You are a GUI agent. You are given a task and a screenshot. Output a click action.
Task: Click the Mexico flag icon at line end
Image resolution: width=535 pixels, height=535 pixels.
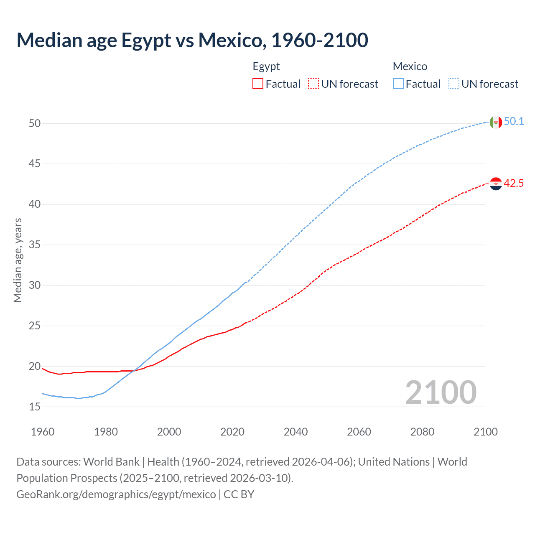(496, 122)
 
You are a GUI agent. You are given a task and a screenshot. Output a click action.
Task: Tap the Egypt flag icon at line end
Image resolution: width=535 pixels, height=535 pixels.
(496, 183)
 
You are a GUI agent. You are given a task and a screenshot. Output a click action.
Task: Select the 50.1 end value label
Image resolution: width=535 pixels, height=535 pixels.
(514, 122)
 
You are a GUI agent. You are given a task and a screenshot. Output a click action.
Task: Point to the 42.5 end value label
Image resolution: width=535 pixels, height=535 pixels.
(514, 183)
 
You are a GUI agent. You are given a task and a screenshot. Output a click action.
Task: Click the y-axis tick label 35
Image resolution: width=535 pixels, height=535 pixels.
(35, 245)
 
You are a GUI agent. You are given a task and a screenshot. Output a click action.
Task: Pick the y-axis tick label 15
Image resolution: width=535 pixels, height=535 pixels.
(35, 407)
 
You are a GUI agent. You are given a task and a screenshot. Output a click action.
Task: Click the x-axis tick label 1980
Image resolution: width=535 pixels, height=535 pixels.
(106, 432)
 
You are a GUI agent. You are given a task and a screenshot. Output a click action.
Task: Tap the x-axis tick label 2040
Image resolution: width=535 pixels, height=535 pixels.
(296, 432)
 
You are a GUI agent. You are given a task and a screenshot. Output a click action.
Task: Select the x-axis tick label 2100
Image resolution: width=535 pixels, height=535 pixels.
(485, 432)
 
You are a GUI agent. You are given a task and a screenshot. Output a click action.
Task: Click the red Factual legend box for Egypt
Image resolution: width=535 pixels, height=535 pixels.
(258, 84)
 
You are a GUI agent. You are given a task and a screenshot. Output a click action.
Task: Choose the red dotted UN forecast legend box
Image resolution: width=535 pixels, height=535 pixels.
(313, 84)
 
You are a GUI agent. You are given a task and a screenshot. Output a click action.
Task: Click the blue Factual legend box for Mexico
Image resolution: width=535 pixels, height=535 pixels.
(398, 84)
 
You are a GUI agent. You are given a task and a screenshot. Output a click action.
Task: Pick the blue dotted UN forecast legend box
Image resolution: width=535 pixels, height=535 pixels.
(454, 84)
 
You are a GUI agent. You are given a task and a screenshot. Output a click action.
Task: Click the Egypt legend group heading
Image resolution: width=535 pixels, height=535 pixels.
(266, 66)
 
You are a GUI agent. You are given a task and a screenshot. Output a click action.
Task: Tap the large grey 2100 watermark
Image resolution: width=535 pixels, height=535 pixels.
(441, 392)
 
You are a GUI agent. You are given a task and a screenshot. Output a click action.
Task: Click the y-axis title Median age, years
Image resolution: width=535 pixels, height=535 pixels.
(18, 260)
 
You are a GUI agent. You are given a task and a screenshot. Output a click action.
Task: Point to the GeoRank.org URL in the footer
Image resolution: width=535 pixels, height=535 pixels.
(116, 494)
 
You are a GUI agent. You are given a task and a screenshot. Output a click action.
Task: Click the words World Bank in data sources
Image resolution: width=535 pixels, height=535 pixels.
(111, 462)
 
